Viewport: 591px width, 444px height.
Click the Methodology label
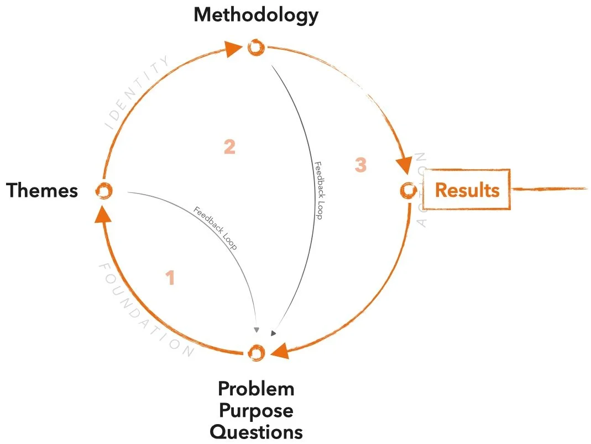click(256, 15)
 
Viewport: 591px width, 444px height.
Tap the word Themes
click(42, 191)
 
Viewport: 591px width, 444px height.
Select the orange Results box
click(467, 190)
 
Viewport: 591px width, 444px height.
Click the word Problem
click(256, 389)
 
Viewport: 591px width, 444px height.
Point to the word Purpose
click(256, 410)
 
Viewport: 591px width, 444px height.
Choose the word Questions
click(256, 431)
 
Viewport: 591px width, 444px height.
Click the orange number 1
click(171, 278)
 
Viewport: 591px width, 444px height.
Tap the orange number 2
click(229, 147)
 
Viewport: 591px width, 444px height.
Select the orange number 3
click(360, 164)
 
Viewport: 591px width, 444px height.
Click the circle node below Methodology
click(255, 48)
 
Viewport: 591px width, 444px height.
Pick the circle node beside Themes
click(103, 191)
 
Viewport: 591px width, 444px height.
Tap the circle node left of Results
click(408, 190)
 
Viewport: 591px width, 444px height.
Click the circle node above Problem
click(256, 352)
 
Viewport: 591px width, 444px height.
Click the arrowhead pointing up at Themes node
click(103, 213)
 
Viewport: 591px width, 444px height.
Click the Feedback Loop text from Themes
click(216, 228)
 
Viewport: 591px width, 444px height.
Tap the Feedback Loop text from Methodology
click(317, 191)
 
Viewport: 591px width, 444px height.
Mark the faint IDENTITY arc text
click(138, 91)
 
